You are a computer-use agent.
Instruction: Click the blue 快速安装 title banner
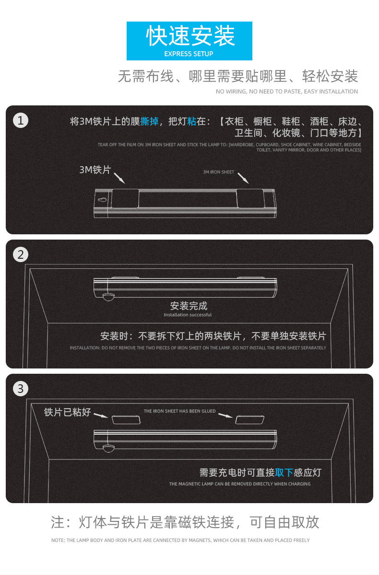[189, 40]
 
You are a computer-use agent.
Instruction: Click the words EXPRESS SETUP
[189, 54]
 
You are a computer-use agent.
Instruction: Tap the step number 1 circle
[20, 121]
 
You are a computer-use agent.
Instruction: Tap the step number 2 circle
[20, 254]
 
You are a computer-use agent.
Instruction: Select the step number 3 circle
[20, 389]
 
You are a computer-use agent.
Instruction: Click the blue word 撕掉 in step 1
[149, 122]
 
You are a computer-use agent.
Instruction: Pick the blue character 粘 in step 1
[191, 122]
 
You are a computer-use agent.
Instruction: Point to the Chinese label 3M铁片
[95, 170]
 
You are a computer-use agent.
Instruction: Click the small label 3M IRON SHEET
[218, 172]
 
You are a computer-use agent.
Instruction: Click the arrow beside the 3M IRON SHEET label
[244, 178]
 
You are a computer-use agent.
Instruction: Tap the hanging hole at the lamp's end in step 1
[102, 200]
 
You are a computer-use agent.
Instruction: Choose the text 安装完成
[189, 306]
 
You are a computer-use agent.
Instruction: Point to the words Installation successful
[188, 315]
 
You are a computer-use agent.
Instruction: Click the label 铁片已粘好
[67, 412]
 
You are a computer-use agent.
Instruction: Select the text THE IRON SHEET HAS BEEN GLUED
[180, 411]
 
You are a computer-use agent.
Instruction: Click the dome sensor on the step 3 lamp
[108, 448]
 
